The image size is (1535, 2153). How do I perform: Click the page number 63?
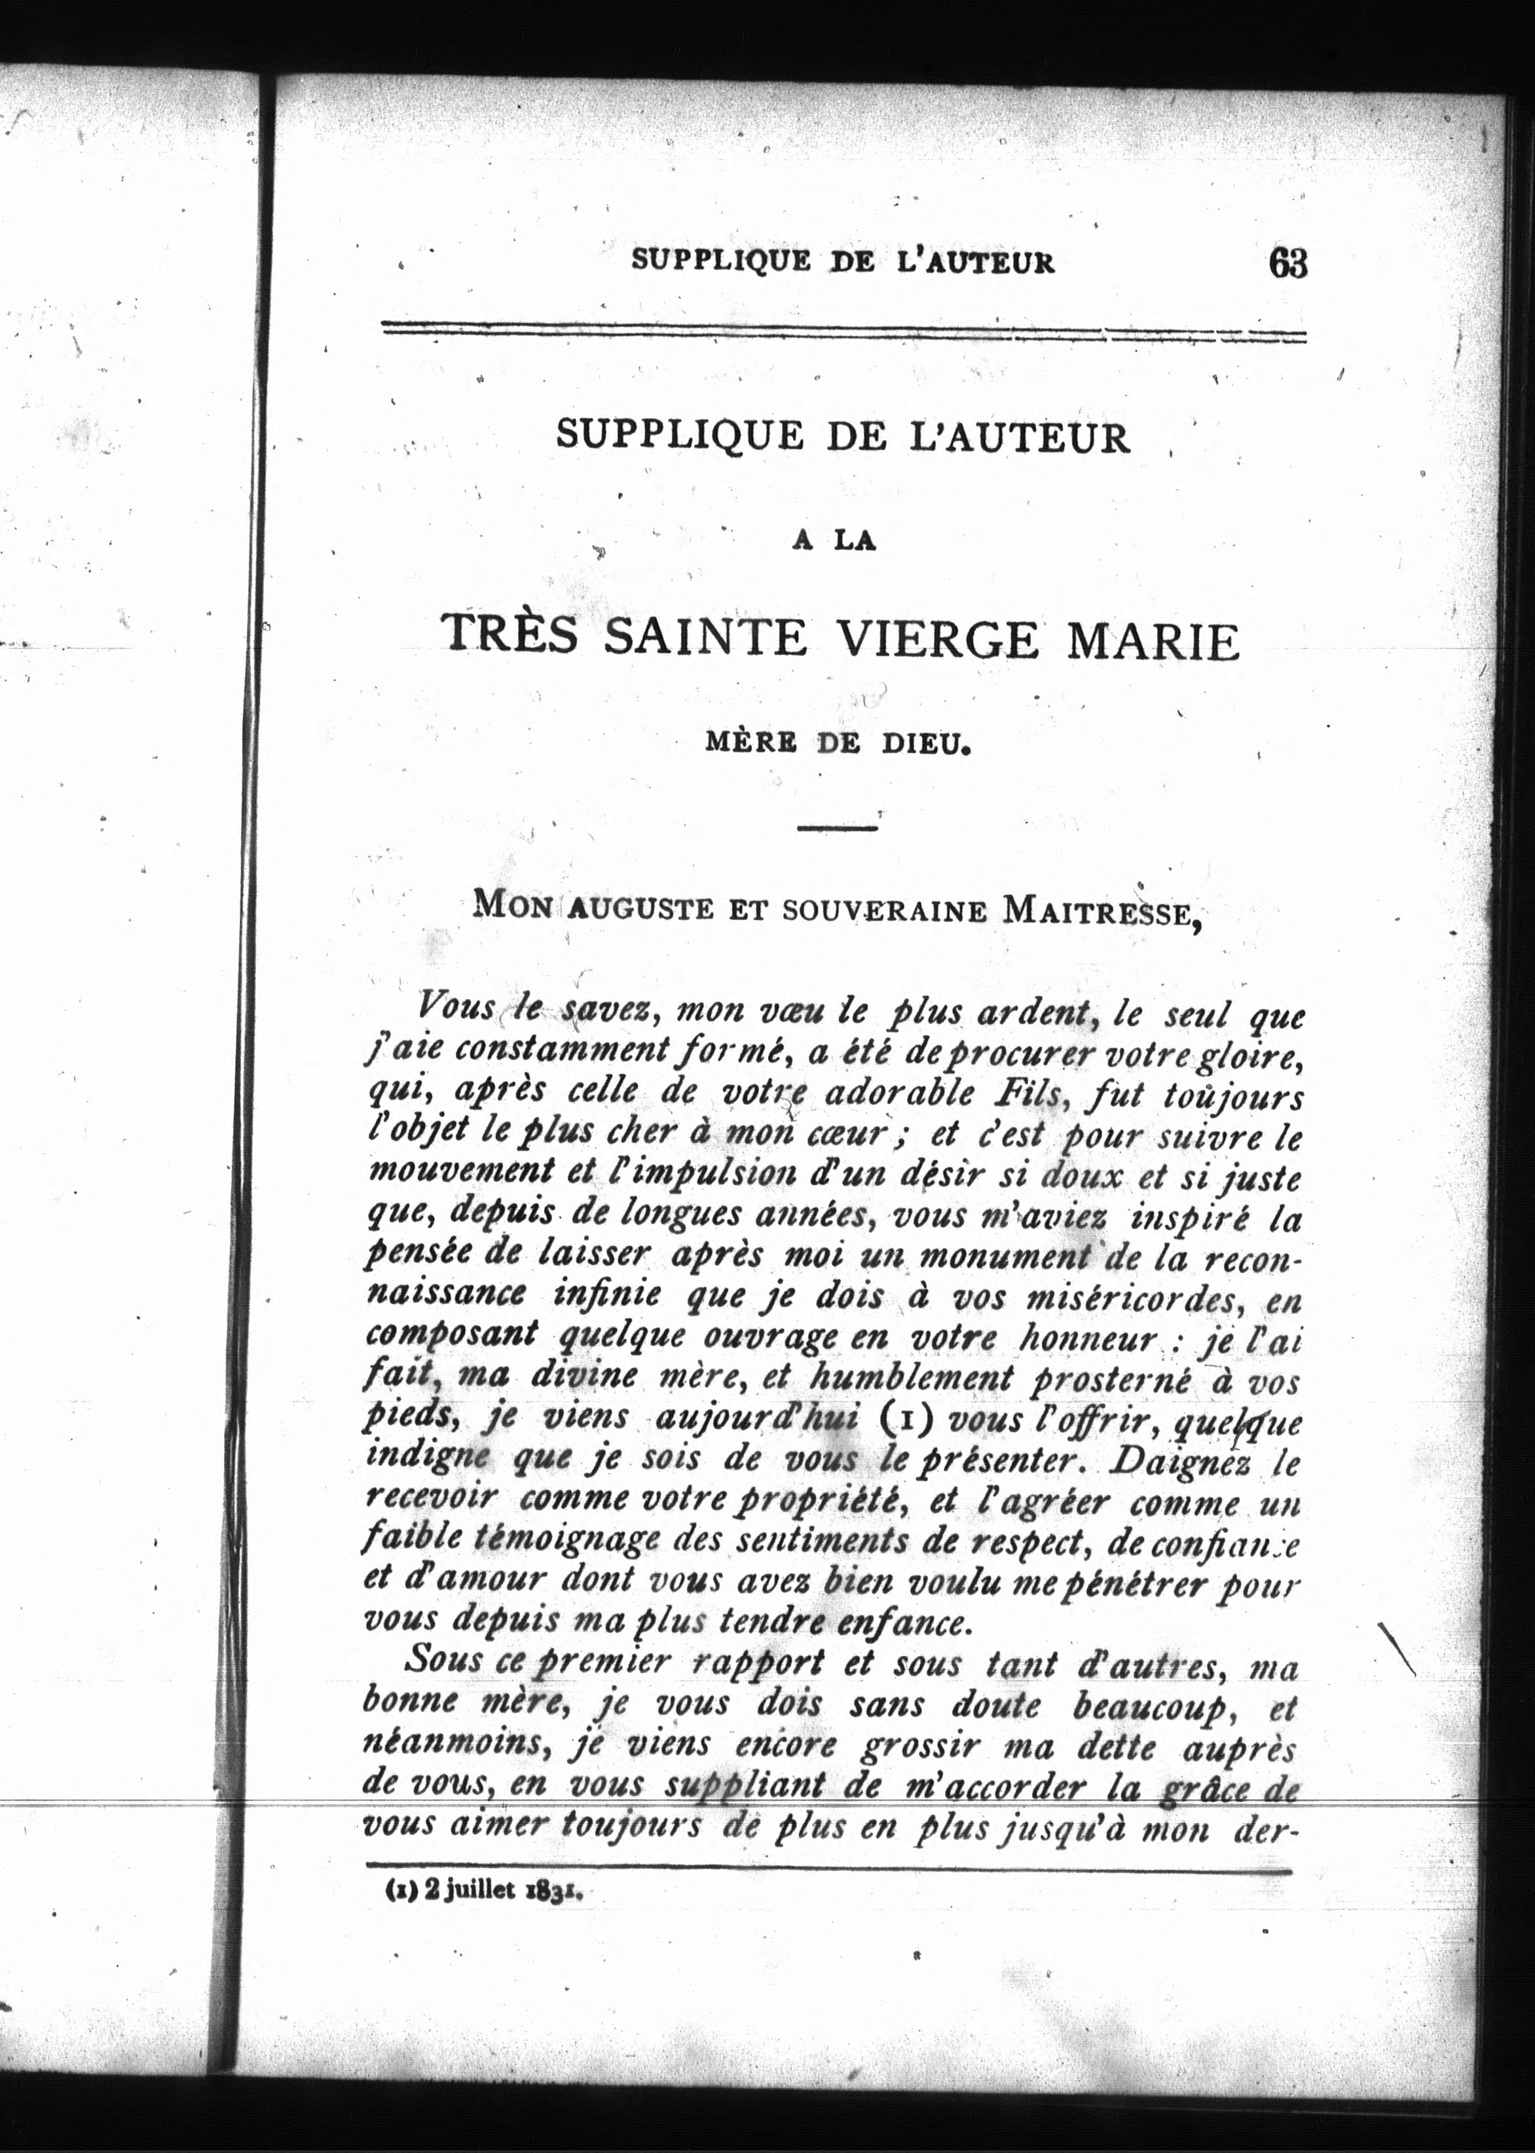point(1288,263)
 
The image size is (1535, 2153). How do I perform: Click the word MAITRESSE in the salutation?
point(1101,910)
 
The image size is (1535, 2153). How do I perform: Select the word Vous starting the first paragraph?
point(456,1008)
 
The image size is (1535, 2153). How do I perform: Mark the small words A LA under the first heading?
point(836,542)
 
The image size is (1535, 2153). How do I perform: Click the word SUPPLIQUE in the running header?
point(720,260)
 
